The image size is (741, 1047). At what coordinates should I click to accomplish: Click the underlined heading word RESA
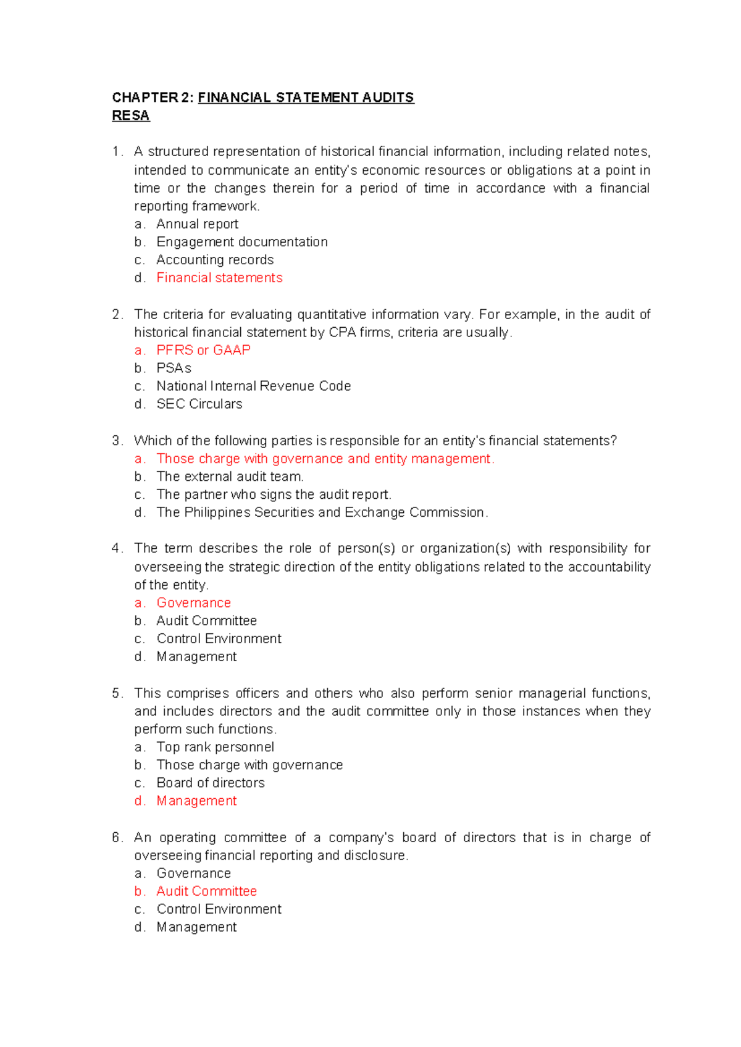(x=130, y=115)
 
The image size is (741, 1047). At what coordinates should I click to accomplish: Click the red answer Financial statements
(x=219, y=278)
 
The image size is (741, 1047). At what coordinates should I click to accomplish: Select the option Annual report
(x=197, y=224)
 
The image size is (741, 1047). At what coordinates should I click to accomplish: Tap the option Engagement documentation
(x=241, y=242)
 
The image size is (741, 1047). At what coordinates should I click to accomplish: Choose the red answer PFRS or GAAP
(x=203, y=350)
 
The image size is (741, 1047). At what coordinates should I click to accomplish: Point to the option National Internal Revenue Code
(x=253, y=386)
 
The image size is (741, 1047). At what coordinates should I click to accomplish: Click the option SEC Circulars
(x=199, y=404)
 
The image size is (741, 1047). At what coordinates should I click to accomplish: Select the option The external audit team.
(x=230, y=477)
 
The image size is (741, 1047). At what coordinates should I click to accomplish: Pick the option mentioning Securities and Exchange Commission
(x=322, y=512)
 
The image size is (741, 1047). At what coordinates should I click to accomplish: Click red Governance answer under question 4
(x=193, y=603)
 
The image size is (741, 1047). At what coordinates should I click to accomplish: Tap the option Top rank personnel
(x=215, y=747)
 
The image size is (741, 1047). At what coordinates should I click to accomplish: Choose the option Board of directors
(x=210, y=783)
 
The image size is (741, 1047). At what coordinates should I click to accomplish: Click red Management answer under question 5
(x=196, y=801)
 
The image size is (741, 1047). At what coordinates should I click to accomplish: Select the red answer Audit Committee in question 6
(x=206, y=891)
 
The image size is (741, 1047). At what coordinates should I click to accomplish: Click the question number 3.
(x=117, y=441)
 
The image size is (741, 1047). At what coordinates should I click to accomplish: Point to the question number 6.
(x=117, y=838)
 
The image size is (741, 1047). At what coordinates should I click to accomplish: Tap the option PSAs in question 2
(x=174, y=368)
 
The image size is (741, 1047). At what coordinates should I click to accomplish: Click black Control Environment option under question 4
(x=219, y=638)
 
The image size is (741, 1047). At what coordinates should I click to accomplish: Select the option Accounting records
(x=215, y=260)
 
